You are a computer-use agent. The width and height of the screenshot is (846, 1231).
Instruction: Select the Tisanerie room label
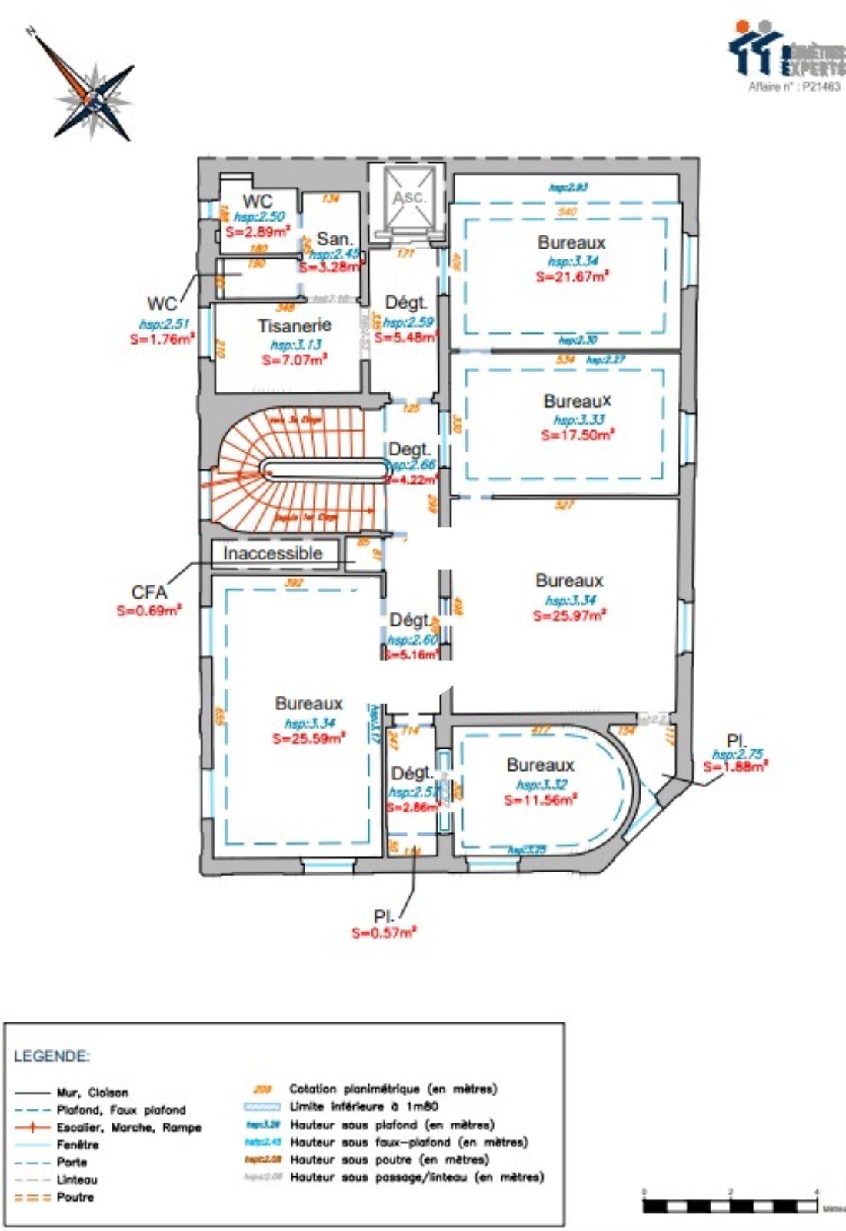tap(295, 325)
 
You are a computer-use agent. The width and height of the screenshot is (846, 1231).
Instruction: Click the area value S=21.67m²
tap(572, 277)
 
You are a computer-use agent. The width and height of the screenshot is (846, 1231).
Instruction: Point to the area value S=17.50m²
tap(578, 435)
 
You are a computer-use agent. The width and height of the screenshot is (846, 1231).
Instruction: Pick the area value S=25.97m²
tap(570, 615)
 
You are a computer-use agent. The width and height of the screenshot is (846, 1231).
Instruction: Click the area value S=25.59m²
tap(308, 739)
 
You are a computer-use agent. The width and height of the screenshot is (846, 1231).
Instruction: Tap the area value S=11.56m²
tap(541, 800)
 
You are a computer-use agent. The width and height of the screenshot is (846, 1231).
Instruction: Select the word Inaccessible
tap(272, 553)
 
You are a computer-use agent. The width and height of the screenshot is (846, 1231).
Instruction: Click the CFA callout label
tap(149, 592)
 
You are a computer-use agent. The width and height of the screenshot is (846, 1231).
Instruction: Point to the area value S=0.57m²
tap(384, 933)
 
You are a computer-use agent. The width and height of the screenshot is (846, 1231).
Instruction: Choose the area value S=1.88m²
tap(735, 767)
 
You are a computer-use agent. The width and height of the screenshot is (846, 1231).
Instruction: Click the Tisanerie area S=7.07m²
tap(295, 360)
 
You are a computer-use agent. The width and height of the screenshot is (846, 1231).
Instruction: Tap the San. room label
tap(335, 239)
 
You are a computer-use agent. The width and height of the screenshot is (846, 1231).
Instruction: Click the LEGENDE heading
tap(52, 1056)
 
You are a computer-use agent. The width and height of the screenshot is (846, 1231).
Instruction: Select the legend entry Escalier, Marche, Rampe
tap(128, 1127)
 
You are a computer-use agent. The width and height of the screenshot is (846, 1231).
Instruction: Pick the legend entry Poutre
tap(75, 1197)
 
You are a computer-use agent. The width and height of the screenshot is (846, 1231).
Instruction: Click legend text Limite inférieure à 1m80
tap(363, 1106)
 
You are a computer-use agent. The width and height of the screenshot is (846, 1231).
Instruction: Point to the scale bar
tap(731, 1205)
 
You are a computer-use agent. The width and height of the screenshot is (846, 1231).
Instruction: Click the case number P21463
tap(821, 87)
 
